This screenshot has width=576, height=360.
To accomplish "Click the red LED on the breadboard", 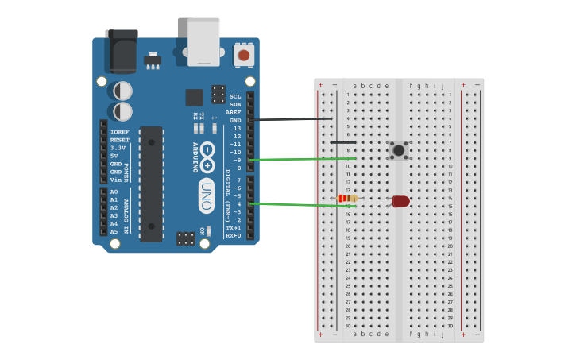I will pos(400,201).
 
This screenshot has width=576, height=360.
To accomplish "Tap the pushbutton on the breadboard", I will pos(398,150).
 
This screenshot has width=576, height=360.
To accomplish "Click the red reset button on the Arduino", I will pos(244,56).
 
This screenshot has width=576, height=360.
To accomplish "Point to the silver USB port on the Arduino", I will pos(203,41).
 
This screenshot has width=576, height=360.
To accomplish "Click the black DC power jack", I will pos(122,51).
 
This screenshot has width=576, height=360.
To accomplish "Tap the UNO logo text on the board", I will pos(207,195).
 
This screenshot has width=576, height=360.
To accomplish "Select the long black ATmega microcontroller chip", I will pos(151,184).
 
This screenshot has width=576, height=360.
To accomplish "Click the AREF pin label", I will pos(233,112).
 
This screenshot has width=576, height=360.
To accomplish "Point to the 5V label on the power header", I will pos(115,156).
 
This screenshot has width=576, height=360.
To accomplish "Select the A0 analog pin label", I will pos(114,192).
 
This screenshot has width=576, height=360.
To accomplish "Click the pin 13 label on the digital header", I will pos(236,128).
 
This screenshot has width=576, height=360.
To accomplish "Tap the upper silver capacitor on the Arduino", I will pos(123,91).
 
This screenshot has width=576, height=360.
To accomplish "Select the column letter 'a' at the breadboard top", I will pos(354,86).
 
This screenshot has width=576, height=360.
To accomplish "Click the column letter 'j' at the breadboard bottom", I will pos(443,334).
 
